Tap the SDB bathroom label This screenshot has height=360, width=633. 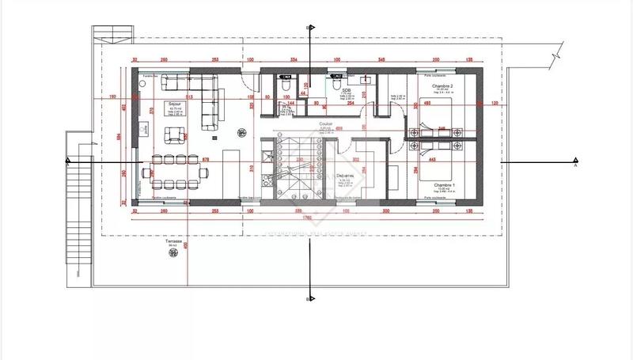tap(346, 91)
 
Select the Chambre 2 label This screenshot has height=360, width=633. tap(441, 85)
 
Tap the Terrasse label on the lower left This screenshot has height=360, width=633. tap(172, 241)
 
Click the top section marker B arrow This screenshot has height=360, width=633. tap(310, 28)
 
